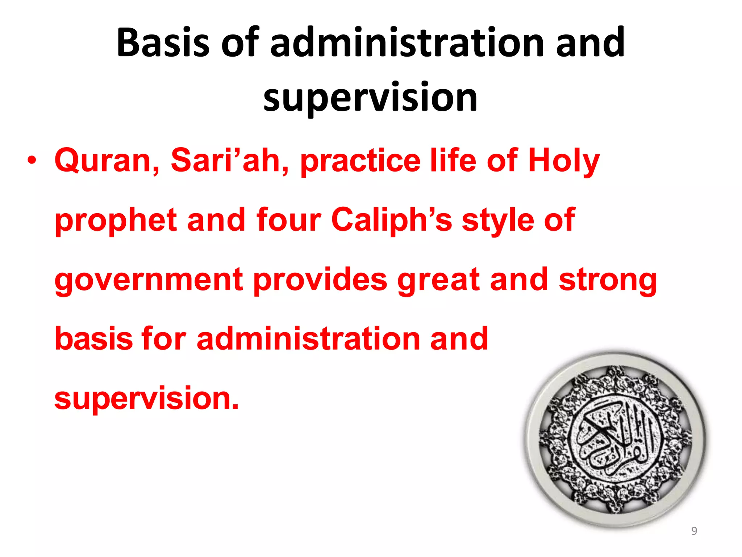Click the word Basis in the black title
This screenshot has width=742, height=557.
click(163, 42)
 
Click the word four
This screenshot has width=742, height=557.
click(288, 220)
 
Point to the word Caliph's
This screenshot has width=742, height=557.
click(392, 220)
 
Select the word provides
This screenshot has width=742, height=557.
click(320, 280)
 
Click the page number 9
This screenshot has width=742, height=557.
click(694, 531)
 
